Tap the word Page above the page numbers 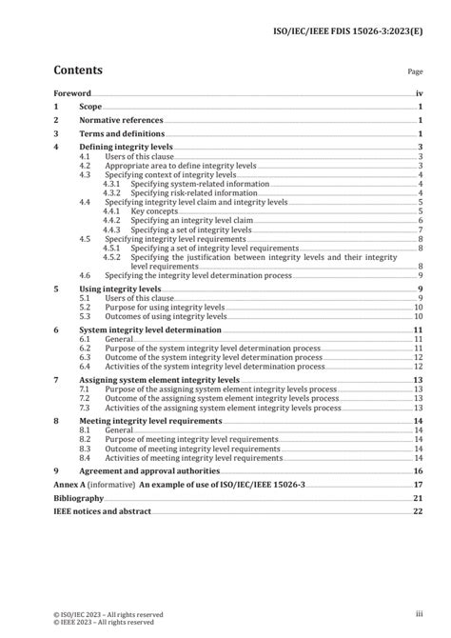coord(415,71)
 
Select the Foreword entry coord(71,93)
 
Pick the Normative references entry coord(121,121)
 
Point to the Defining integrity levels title coord(129,148)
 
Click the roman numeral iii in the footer coord(418,615)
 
